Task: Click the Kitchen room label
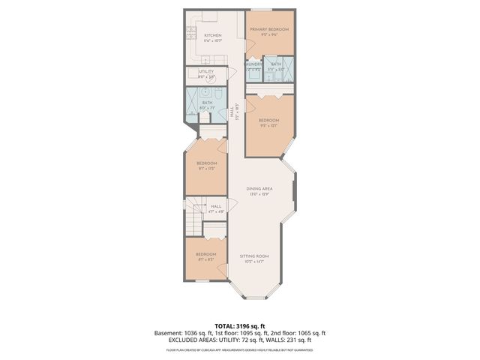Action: click(213, 35)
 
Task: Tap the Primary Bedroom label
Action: click(269, 29)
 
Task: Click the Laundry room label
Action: click(253, 64)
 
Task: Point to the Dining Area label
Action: click(260, 189)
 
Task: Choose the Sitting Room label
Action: click(254, 256)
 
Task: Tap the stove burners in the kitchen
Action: click(191, 32)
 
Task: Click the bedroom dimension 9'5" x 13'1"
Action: click(268, 125)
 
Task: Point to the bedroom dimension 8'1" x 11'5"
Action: click(207, 169)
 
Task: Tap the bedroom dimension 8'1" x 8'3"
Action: click(206, 259)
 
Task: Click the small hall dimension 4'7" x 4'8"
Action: click(216, 211)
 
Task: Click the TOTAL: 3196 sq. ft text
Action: click(239, 326)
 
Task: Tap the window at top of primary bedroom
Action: click(262, 9)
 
